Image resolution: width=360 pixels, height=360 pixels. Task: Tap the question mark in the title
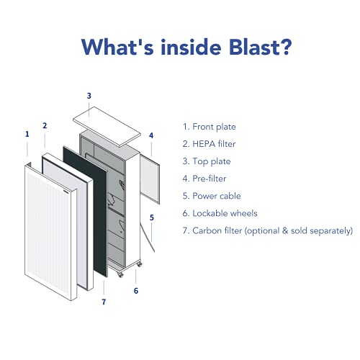(x=285, y=47)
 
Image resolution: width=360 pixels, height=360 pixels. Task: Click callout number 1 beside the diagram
(x=27, y=134)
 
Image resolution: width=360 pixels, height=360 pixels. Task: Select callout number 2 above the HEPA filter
(x=45, y=125)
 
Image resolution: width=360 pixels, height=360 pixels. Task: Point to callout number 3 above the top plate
(x=89, y=96)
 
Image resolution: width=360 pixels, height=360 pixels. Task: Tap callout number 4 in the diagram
(x=151, y=135)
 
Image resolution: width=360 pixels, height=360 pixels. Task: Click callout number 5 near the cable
(x=152, y=217)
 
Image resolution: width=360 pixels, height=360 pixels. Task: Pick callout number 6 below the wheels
(x=136, y=291)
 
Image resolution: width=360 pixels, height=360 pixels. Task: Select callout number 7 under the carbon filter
(x=104, y=302)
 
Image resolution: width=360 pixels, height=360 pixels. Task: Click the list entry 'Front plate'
(x=214, y=127)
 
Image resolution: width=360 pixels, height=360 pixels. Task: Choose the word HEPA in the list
(x=204, y=144)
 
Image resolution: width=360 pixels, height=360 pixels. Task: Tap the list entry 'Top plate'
(x=212, y=161)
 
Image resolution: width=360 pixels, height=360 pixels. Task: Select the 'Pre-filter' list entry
(x=210, y=179)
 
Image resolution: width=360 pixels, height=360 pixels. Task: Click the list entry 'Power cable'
(x=217, y=196)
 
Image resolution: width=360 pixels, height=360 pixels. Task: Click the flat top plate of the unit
(x=107, y=127)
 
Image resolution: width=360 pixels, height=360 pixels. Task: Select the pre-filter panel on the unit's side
(x=149, y=179)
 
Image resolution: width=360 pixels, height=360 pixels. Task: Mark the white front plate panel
(x=51, y=233)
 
